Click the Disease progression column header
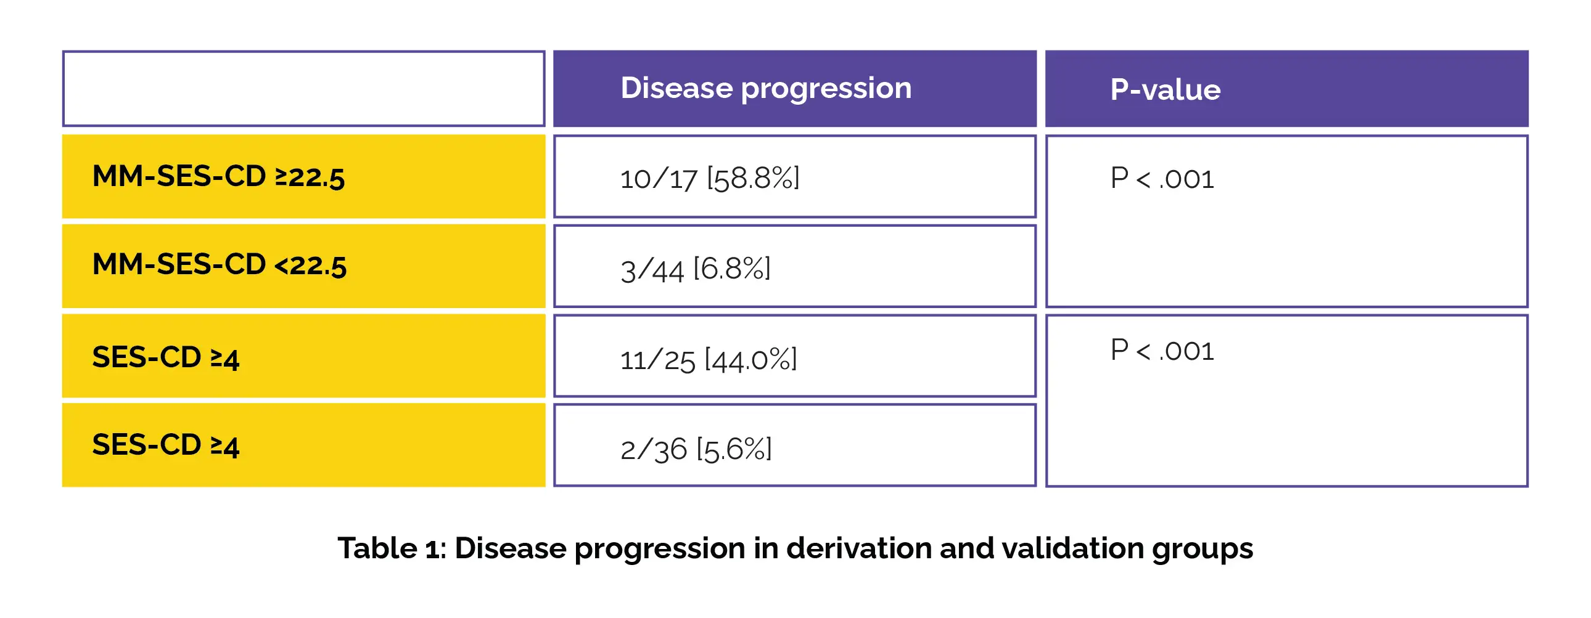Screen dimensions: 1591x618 click(x=766, y=88)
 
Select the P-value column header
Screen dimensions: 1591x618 click(x=1165, y=90)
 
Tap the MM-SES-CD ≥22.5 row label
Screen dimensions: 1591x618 click(x=218, y=177)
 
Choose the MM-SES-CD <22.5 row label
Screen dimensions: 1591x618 click(x=220, y=265)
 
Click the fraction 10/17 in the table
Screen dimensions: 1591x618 click(x=659, y=179)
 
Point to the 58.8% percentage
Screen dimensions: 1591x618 click(x=753, y=179)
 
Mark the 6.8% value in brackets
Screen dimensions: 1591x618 click(x=732, y=269)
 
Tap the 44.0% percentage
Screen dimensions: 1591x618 click(x=751, y=359)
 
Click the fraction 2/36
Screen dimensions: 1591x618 click(x=654, y=449)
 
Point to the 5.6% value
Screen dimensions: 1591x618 click(x=734, y=449)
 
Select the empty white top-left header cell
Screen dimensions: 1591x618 click(x=303, y=89)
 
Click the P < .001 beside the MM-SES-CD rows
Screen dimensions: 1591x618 click(x=1162, y=179)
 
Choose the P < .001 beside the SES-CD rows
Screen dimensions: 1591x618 click(x=1162, y=350)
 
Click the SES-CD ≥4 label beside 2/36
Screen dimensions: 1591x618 click(x=165, y=445)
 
